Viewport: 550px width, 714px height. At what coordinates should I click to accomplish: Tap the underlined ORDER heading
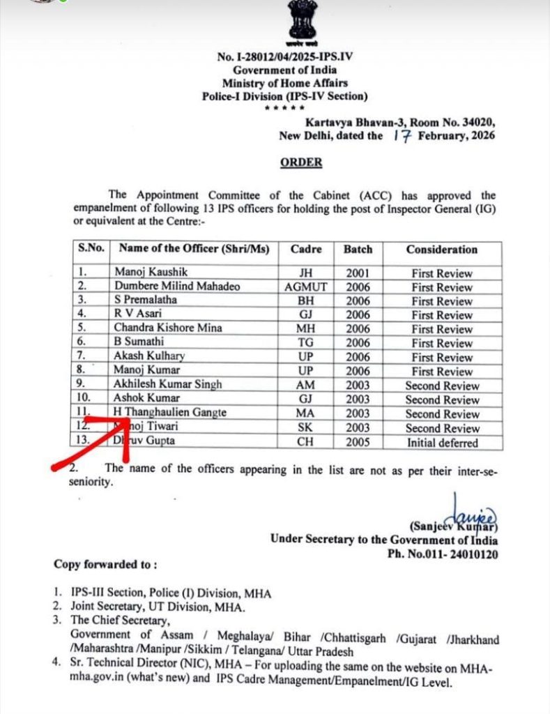pos(301,162)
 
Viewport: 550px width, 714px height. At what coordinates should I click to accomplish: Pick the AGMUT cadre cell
pos(305,287)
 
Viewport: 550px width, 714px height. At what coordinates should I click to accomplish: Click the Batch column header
pos(358,250)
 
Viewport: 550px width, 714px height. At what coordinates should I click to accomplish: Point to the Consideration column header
pos(441,250)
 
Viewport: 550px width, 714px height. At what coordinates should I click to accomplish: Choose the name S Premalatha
pos(146,301)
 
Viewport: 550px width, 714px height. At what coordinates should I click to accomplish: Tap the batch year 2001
pos(358,273)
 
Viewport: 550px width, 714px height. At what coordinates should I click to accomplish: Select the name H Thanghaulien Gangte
pos(170,413)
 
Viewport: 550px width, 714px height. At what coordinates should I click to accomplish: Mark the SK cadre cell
pos(305,427)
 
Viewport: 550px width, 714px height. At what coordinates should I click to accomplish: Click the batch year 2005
pos(358,442)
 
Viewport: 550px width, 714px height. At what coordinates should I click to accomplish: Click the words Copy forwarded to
pos(105,563)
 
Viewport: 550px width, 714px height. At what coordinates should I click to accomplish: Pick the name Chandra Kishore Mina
pos(169,328)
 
